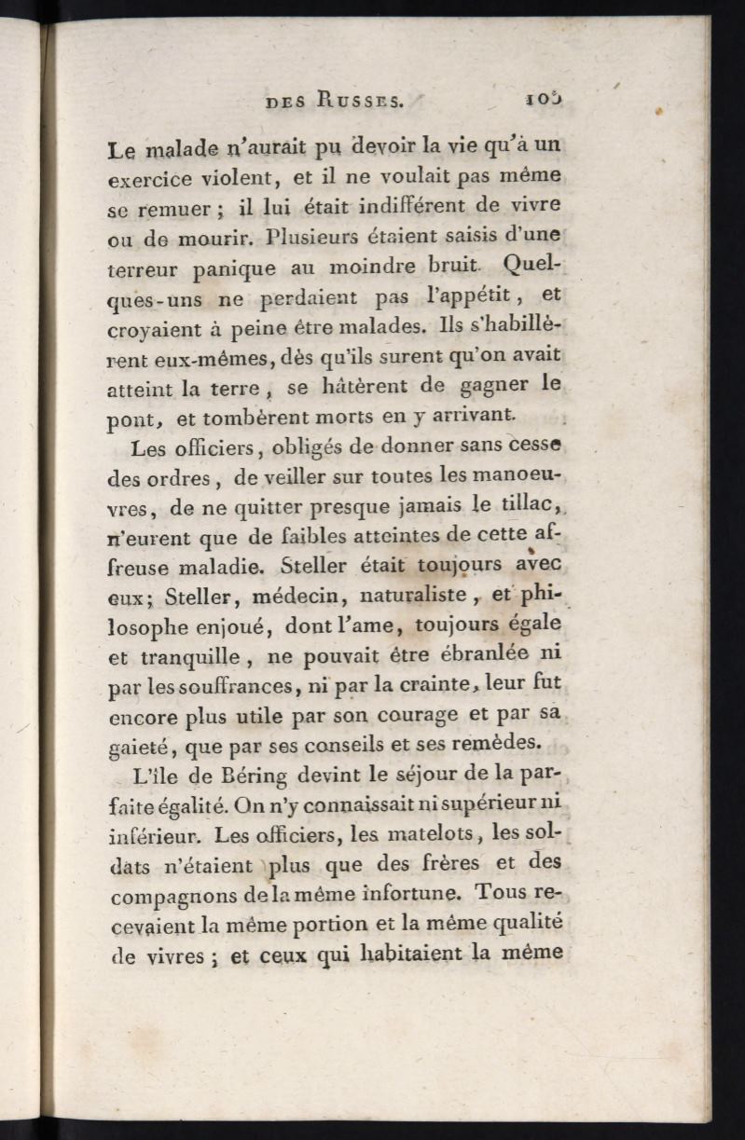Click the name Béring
pyautogui.click(x=254, y=776)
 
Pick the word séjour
pyautogui.click(x=418, y=776)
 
